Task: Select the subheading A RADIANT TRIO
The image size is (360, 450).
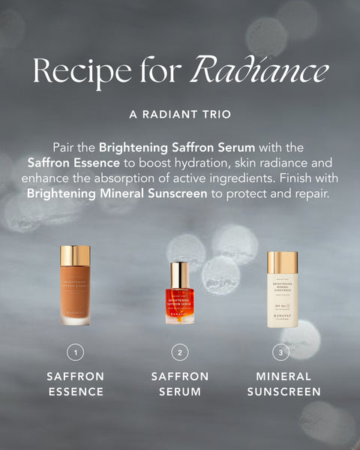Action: (x=180, y=115)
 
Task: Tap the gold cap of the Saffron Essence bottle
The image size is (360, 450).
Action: (x=75, y=255)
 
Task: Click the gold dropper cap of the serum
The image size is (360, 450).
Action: (x=179, y=274)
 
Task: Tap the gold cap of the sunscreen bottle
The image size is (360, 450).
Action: (x=283, y=262)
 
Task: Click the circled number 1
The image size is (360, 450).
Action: (x=75, y=351)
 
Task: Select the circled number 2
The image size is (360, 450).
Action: (x=179, y=351)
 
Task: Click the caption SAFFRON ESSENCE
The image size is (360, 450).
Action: (x=75, y=383)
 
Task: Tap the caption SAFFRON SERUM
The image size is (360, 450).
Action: (x=179, y=383)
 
